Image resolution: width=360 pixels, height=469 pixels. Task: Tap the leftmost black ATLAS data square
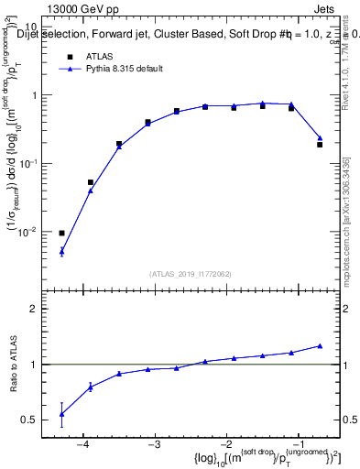point(61,233)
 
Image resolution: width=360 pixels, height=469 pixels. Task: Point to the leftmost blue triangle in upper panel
point(61,250)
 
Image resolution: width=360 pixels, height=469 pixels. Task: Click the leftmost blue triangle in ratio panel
point(61,414)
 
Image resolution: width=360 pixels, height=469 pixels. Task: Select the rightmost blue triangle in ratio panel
point(320,345)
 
